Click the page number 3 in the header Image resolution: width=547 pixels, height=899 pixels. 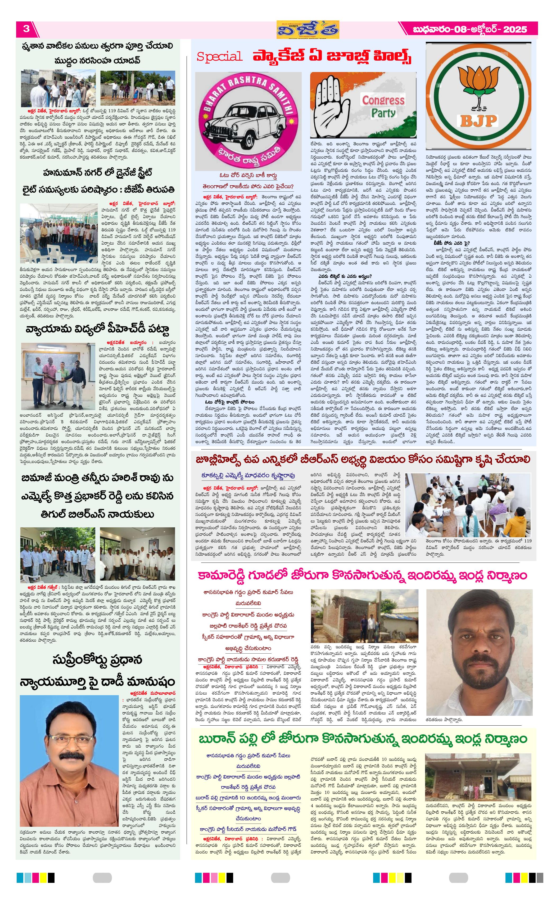point(26,29)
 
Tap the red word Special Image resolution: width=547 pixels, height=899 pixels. point(219,57)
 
